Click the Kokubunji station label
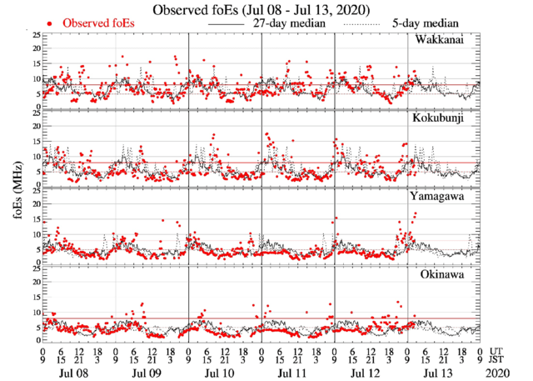(x=442, y=118)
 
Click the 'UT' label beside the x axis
(x=496, y=351)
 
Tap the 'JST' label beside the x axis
(x=498, y=360)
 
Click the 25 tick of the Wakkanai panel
(x=36, y=36)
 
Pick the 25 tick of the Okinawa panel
(x=36, y=268)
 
